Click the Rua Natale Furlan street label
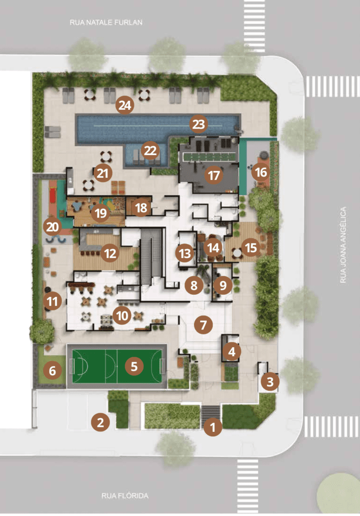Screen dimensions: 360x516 106,22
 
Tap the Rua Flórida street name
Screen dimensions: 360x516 125,496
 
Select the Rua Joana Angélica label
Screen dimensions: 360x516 343,245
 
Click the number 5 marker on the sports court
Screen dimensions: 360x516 134,366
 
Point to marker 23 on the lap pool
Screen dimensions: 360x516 199,124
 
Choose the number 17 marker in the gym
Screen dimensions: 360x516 214,175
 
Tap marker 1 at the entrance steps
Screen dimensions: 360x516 213,427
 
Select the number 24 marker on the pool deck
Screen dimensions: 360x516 125,105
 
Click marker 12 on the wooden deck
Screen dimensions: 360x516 110,253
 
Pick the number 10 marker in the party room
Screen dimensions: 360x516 122,315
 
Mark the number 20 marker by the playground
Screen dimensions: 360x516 52,226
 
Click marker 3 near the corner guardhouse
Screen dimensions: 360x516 270,381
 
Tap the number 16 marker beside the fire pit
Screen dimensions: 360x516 261,172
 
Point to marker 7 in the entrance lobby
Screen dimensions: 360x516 203,325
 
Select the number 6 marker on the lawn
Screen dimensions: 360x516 52,370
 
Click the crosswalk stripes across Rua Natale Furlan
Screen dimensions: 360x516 254,26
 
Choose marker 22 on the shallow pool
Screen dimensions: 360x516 150,151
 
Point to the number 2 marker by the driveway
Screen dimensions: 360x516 100,422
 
